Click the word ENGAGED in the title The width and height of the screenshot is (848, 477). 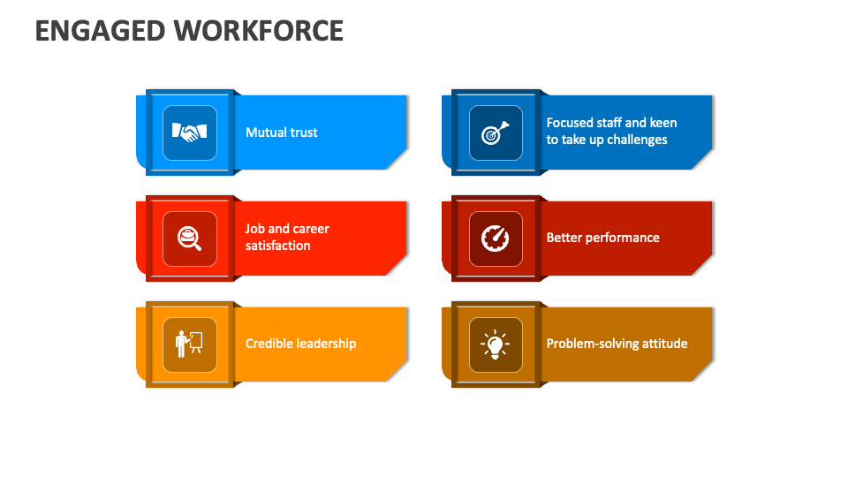click(x=101, y=31)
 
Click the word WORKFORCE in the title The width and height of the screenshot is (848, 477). click(x=259, y=31)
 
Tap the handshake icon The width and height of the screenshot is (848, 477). click(x=190, y=132)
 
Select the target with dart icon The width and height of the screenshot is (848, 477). click(x=495, y=132)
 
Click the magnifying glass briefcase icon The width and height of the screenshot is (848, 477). click(x=190, y=238)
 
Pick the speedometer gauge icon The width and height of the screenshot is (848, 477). click(x=495, y=238)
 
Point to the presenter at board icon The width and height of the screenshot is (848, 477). click(x=190, y=344)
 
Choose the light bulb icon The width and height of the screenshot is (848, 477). click(x=495, y=344)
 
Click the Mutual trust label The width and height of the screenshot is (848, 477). click(x=281, y=132)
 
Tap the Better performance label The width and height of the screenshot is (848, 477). click(x=602, y=238)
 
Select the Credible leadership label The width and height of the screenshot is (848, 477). click(x=300, y=344)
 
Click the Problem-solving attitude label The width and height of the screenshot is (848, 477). click(x=617, y=344)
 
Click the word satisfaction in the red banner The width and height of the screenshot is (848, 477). click(x=277, y=246)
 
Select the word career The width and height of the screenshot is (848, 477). click(x=310, y=229)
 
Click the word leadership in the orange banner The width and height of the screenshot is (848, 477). click(x=326, y=344)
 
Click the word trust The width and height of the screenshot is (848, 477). click(x=303, y=132)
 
